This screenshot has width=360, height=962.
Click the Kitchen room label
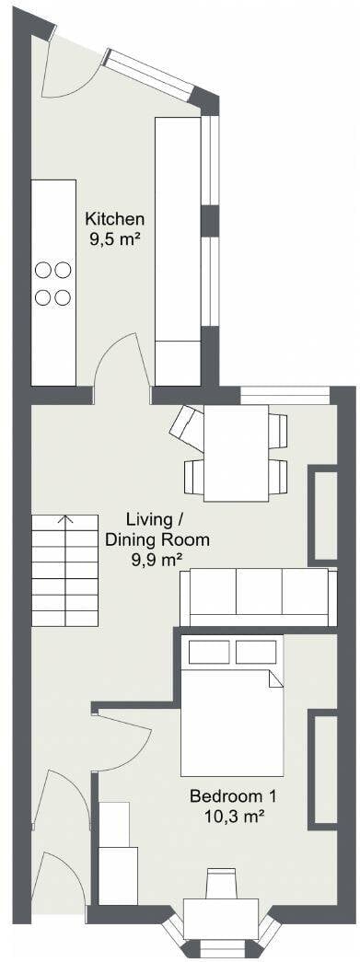[x=115, y=218]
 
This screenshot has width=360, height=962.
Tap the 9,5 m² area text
[x=115, y=239]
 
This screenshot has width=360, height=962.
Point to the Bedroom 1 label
[x=233, y=797]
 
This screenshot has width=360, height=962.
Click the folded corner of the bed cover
[x=275, y=678]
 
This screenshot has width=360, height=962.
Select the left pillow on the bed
[x=208, y=652]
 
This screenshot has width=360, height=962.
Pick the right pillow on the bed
[x=256, y=652]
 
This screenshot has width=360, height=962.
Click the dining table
[x=236, y=453]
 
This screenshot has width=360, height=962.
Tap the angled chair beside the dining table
[x=187, y=426]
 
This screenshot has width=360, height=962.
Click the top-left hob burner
[x=43, y=270]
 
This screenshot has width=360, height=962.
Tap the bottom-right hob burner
[x=63, y=297]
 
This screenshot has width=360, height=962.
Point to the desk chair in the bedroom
[x=221, y=884]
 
